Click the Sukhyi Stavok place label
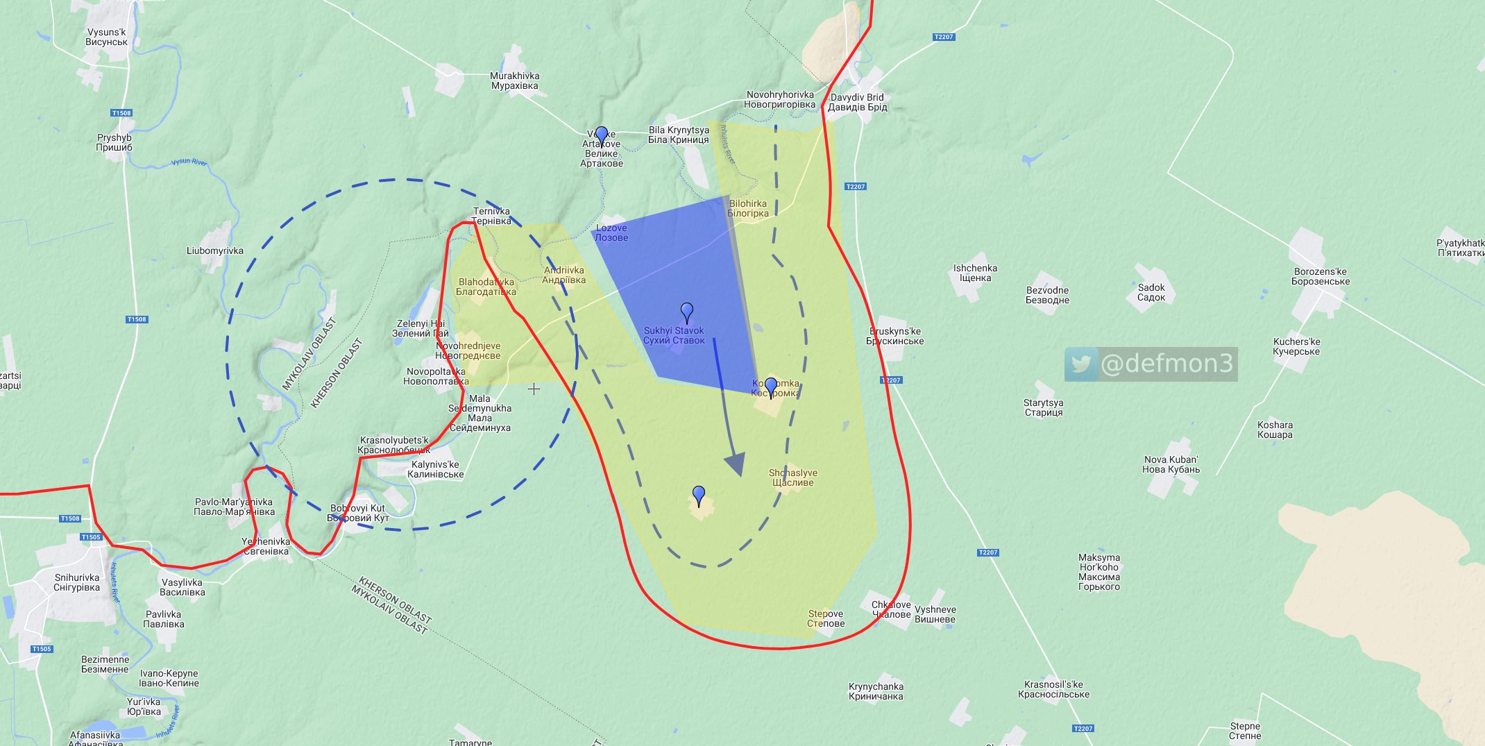coord(673,336)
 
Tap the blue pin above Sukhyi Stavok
coord(687,312)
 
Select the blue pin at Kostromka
coord(770,387)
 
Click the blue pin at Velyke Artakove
coord(602,135)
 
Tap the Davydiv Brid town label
coord(857,103)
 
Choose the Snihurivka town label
coord(76,583)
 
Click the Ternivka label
coord(491,217)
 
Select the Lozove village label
coord(611,233)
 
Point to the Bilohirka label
coord(747,209)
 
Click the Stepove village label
coord(826,619)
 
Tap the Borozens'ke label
coord(1321,277)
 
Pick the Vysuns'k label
coord(106,37)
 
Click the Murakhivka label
coord(514,81)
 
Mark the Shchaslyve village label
coord(793,478)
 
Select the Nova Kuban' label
coord(1171,465)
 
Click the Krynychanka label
coord(876,692)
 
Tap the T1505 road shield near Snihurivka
coord(91,537)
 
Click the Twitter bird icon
coord(1081,364)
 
